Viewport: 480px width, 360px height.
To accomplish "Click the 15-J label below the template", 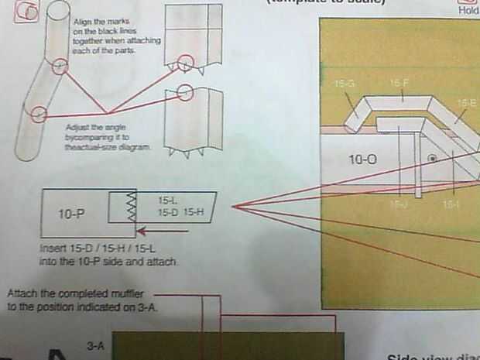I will [x=398, y=205].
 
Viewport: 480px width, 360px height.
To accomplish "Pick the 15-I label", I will [x=451, y=205].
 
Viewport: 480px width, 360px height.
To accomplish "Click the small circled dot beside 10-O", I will [x=434, y=159].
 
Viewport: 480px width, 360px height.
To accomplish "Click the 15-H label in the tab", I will [x=194, y=211].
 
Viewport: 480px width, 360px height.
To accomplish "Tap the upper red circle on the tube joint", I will [x=60, y=67].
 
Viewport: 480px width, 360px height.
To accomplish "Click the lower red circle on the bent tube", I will [x=38, y=115].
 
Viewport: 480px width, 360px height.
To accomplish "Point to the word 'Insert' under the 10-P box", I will [x=51, y=250].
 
